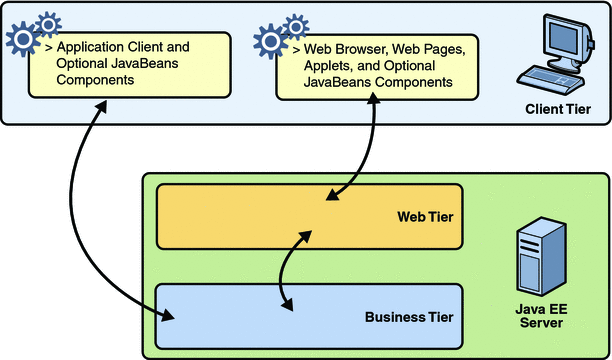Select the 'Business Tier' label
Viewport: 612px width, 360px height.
tap(409, 317)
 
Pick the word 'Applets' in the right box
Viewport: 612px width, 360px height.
tap(313, 65)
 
